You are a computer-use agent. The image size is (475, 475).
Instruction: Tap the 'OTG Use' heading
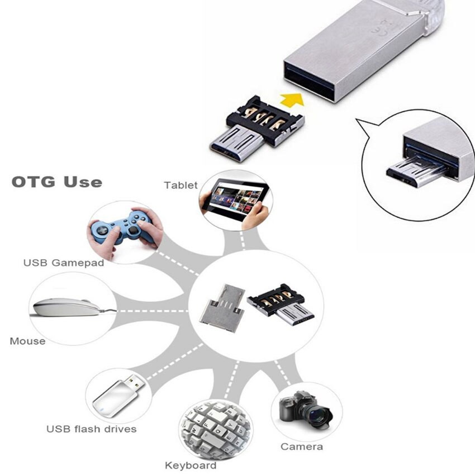[x=57, y=182]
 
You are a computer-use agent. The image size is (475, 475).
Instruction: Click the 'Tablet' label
[x=180, y=185]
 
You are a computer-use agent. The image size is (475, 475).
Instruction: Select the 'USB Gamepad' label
[x=64, y=263]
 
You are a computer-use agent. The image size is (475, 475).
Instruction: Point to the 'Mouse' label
[x=27, y=341]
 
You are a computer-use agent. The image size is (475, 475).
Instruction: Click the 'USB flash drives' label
[x=92, y=429]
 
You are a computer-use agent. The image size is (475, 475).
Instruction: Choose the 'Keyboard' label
[x=191, y=465]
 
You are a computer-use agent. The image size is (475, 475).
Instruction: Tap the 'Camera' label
[x=302, y=446]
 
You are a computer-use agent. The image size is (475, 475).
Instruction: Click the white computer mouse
[x=67, y=307]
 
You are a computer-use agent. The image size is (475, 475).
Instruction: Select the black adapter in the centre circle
[x=280, y=304]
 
